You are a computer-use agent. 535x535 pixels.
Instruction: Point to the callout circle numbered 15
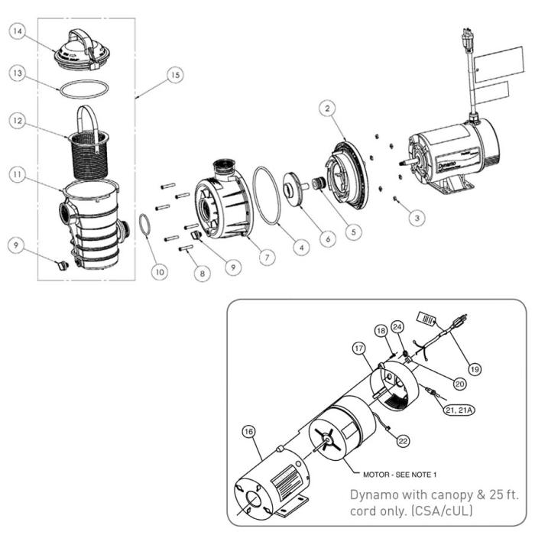point(175,75)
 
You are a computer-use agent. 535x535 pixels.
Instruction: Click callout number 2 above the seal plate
point(329,109)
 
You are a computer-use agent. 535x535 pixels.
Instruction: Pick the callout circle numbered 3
point(416,217)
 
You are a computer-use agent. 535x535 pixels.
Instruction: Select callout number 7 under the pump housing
point(265,258)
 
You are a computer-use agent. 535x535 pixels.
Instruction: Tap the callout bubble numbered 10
point(159,271)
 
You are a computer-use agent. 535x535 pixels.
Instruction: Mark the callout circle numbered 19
point(475,368)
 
